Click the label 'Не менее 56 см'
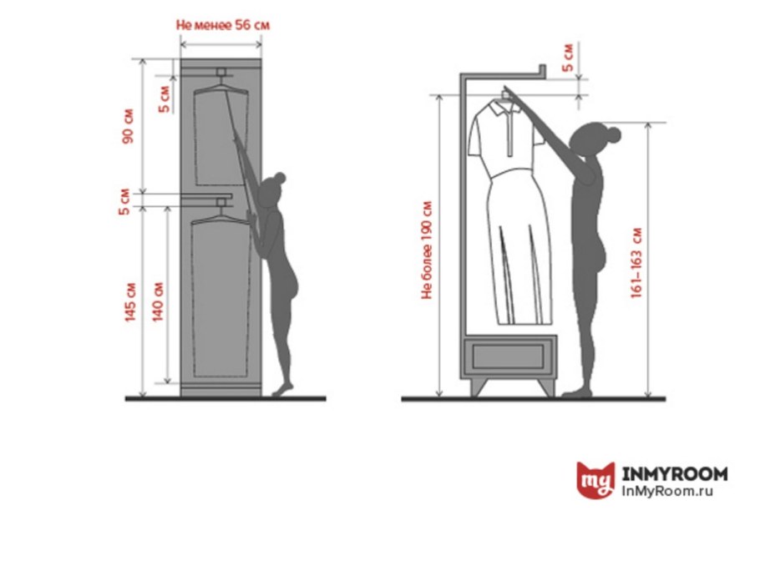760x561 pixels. [222, 25]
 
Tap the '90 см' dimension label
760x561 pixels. [128, 126]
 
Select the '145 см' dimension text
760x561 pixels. [130, 302]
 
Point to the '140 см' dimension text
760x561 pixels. [158, 301]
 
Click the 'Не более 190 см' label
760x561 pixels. [427, 250]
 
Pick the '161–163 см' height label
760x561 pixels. [636, 263]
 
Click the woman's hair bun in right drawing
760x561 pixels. [614, 134]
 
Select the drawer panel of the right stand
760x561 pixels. [508, 356]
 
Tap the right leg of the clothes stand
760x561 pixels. [546, 387]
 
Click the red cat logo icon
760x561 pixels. [595, 480]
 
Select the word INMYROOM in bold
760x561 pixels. [675, 473]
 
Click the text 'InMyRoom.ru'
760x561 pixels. [667, 491]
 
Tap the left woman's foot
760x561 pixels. [282, 389]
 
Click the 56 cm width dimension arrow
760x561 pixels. [221, 44]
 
